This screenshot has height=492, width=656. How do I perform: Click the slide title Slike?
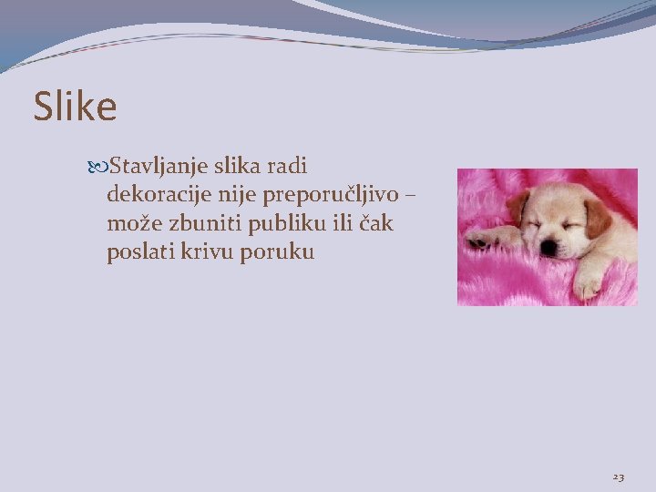click(76, 108)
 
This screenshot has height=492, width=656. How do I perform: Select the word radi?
click(287, 167)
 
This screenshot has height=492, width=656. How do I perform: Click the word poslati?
click(138, 251)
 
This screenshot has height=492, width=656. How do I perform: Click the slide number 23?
click(619, 477)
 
